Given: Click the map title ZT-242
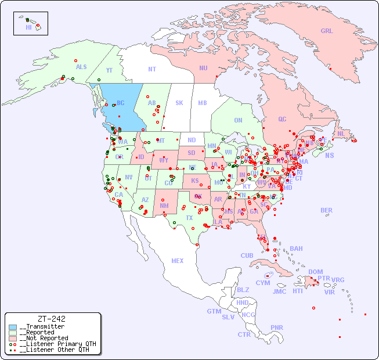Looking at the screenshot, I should [x=51, y=319].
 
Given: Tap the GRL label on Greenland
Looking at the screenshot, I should [x=327, y=31].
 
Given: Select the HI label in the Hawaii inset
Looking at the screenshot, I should [x=28, y=27].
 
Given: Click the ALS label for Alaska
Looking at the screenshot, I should [x=81, y=67].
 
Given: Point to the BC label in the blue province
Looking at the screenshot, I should [x=120, y=103].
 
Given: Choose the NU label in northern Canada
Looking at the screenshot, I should [x=203, y=68].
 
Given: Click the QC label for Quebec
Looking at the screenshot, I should [x=282, y=119].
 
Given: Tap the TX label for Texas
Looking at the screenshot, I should [x=189, y=218].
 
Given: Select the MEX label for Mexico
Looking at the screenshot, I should [x=178, y=261].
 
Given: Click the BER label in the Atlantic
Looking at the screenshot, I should [x=327, y=210].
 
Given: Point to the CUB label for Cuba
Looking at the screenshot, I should [x=247, y=255].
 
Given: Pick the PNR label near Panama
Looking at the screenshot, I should [x=277, y=327].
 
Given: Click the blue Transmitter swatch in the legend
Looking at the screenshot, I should [x=13, y=326].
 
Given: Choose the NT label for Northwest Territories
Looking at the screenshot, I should [x=152, y=69].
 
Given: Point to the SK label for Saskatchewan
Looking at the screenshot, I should [x=179, y=103].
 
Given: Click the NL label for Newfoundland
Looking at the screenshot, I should [x=341, y=133].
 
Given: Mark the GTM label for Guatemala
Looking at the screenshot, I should [x=214, y=311].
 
